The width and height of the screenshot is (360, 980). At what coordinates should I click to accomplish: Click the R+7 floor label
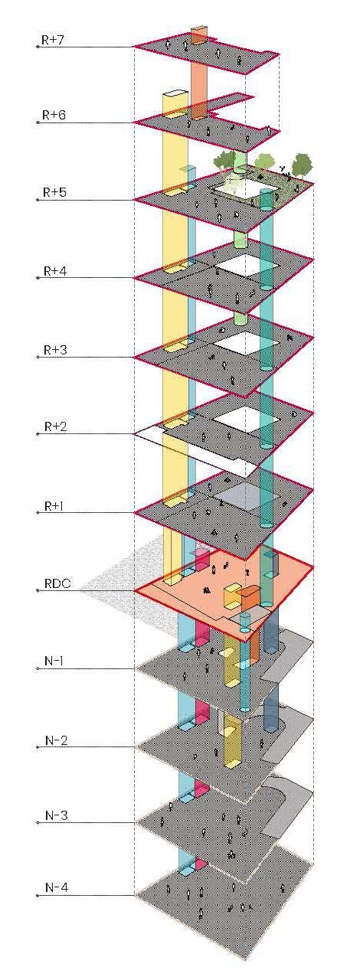[x=53, y=40]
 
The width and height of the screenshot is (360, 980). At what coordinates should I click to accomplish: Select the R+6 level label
[x=54, y=115]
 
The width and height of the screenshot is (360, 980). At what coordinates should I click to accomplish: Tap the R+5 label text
[x=54, y=192]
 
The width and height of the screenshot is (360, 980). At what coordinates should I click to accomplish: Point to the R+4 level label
[x=54, y=271]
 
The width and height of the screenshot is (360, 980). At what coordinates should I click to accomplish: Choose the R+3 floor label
[x=55, y=350]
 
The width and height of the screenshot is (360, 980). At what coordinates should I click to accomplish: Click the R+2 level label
[x=55, y=426]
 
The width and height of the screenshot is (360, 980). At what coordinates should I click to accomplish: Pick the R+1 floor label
[x=54, y=506]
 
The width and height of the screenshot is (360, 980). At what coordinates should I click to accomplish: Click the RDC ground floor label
[x=57, y=583]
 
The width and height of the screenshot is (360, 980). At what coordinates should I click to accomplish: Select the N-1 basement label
[x=54, y=660]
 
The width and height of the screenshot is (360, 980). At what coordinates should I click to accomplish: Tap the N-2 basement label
[x=56, y=740]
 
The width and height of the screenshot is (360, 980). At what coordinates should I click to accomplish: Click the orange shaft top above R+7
[x=199, y=29]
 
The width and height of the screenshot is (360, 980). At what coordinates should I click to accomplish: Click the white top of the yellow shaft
[x=175, y=93]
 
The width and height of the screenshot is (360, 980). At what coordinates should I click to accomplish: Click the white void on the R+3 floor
[x=246, y=343]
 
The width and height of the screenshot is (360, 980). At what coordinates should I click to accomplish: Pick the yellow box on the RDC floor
[x=232, y=596]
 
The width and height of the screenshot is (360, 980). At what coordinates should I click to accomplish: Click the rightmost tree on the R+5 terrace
[x=303, y=164]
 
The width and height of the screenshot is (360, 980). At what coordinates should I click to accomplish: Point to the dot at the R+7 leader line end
[x=38, y=47]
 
